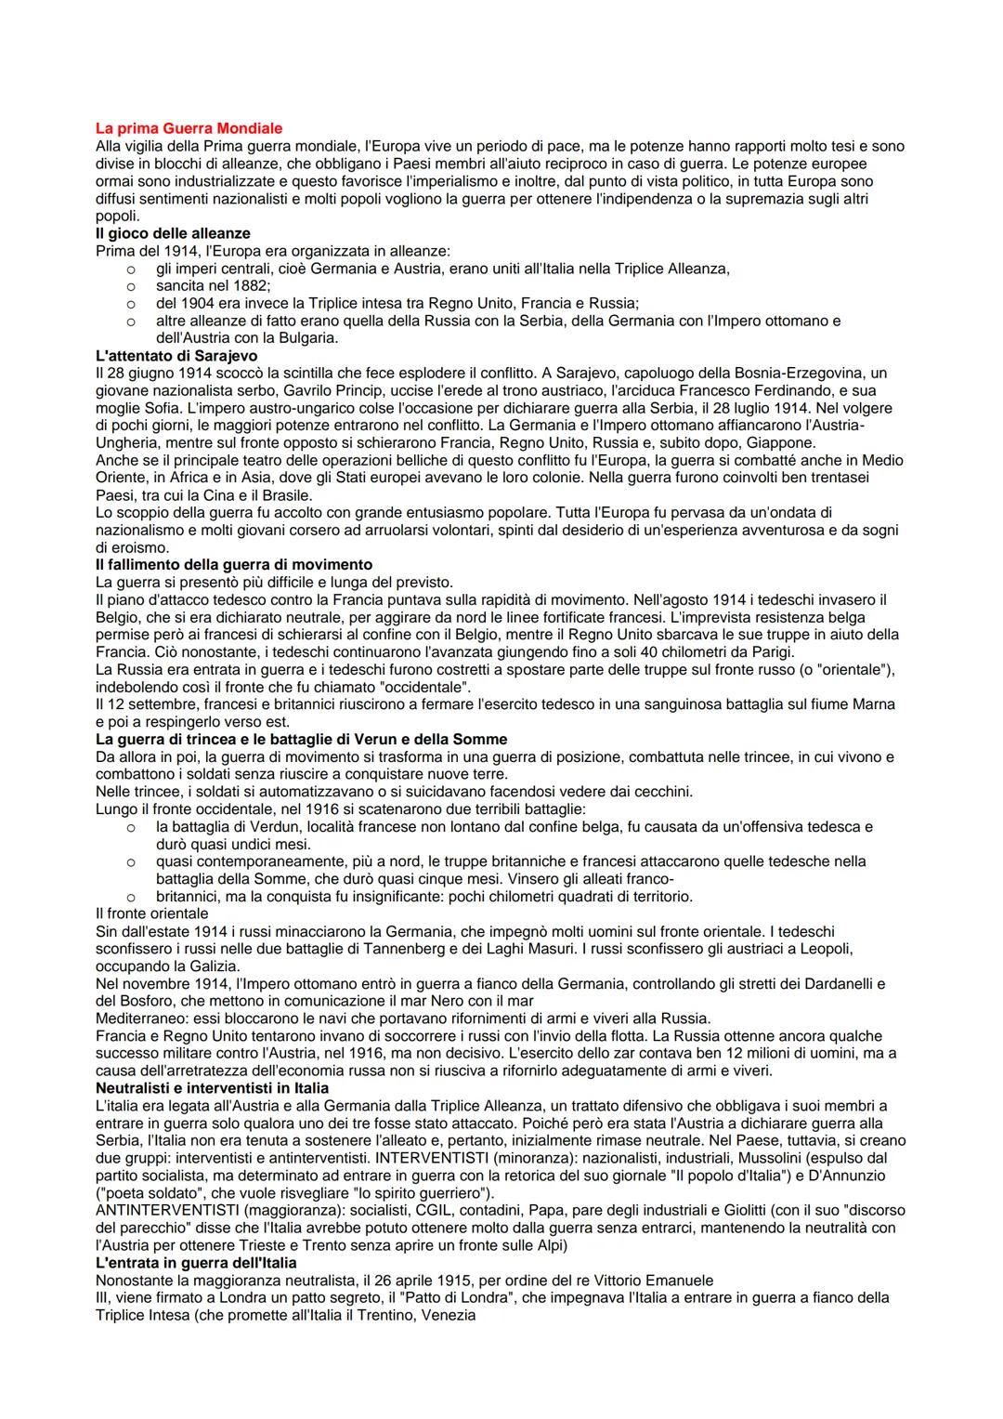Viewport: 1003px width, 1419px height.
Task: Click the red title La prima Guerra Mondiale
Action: coord(189,128)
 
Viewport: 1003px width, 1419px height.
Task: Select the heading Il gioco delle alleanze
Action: coord(173,233)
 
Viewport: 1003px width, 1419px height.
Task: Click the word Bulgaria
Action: coord(308,338)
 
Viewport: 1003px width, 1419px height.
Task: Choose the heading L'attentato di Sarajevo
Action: coord(176,356)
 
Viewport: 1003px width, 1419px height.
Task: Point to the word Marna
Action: coord(873,704)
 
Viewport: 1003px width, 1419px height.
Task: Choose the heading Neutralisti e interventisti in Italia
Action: coord(212,1088)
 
